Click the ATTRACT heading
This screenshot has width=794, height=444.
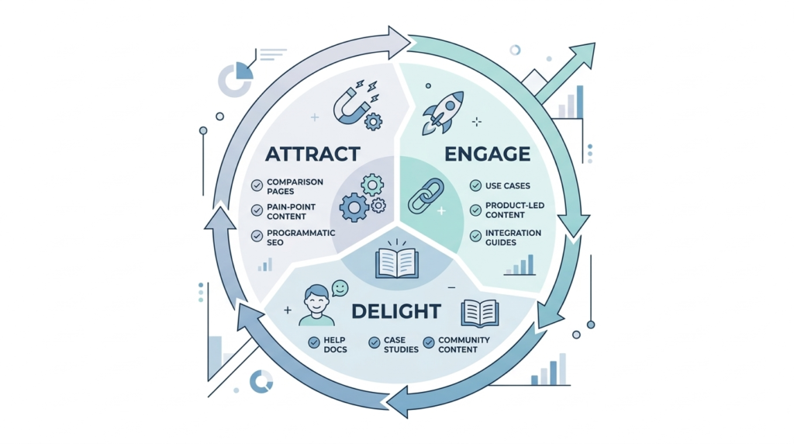click(313, 153)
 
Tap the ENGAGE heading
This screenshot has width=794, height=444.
click(487, 153)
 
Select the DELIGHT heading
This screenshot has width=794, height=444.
click(396, 311)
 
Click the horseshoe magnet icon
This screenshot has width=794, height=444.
click(350, 104)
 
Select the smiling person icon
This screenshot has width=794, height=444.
click(316, 305)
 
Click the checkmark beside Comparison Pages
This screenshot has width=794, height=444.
click(257, 186)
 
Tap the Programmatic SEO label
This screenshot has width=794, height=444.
click(301, 238)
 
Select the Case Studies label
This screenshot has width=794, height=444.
click(400, 345)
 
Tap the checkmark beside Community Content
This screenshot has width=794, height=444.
click(429, 342)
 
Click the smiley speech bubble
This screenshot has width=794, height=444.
click(340, 289)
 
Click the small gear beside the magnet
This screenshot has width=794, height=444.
click(374, 121)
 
